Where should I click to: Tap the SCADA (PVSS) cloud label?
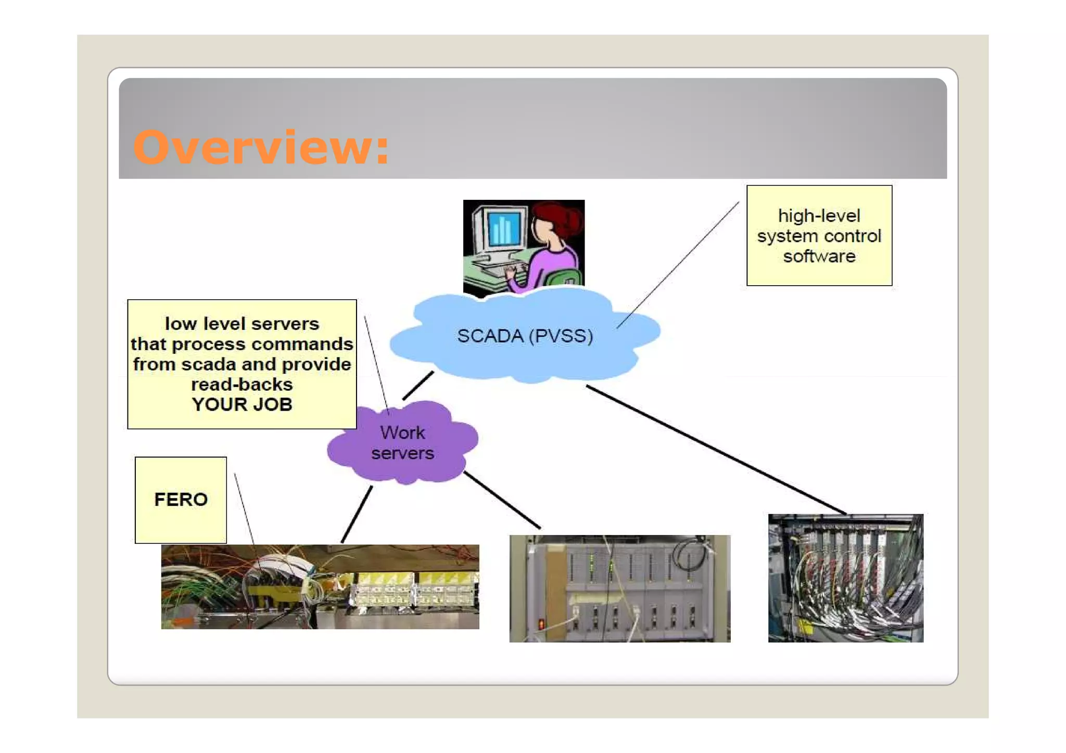point(525,336)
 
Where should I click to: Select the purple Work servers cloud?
point(402,442)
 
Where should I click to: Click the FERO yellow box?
point(181,500)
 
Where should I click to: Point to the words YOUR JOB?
point(242,404)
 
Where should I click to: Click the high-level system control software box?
point(819,235)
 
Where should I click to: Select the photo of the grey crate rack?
point(619,588)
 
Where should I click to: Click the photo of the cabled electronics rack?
point(845,578)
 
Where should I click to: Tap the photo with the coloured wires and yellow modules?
point(320,586)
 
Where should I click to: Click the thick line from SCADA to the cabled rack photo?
point(716,450)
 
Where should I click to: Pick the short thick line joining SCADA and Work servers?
point(418,385)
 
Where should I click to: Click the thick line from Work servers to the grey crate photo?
point(502,500)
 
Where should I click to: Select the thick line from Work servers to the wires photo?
point(357,514)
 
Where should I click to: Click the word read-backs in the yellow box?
point(242,385)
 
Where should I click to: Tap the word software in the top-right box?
point(819,256)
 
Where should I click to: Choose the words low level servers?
point(242,324)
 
